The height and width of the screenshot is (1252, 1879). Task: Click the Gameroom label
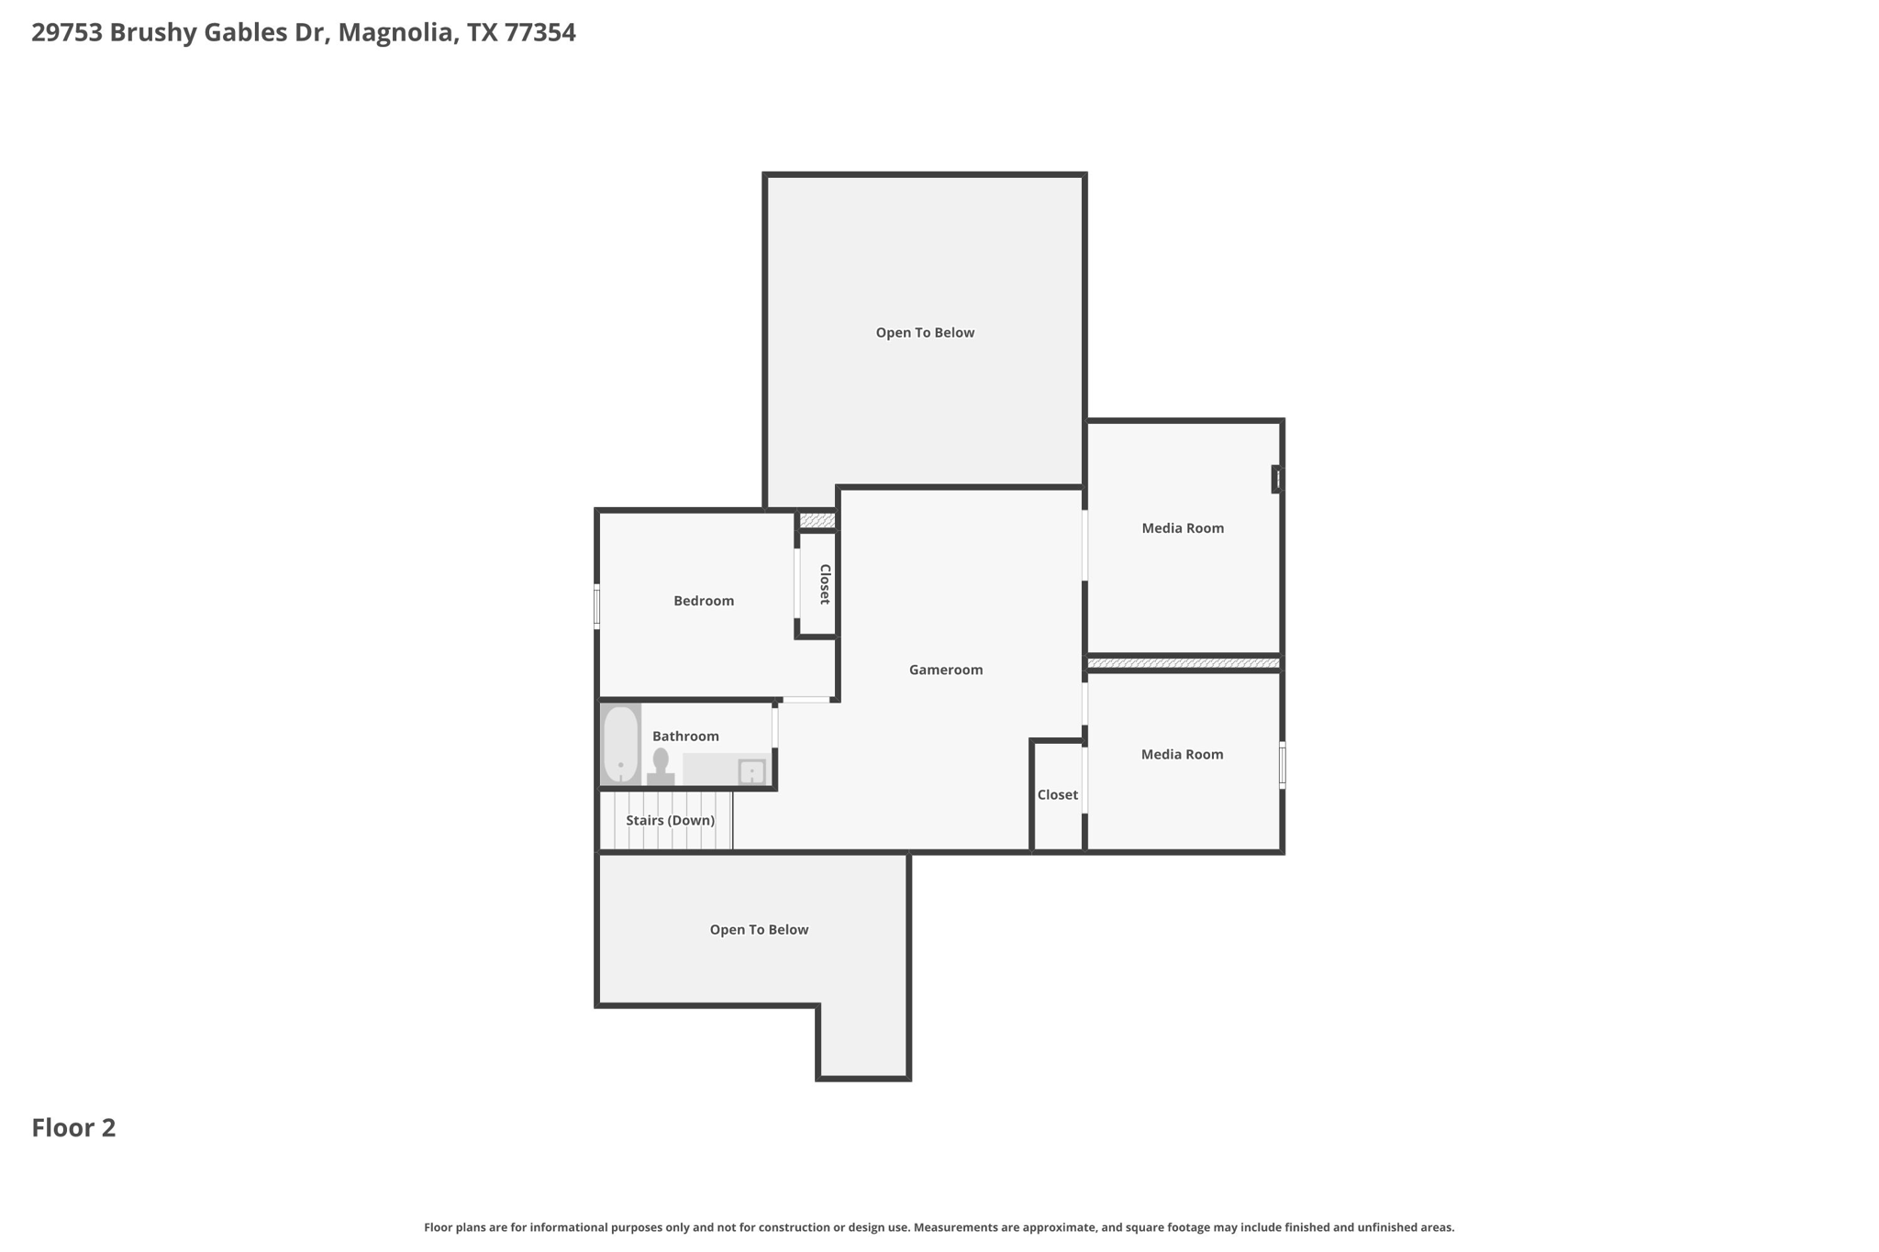coord(946,670)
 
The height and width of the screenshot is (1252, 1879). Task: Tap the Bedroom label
coord(704,601)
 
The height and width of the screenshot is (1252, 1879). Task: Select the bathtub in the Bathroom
coord(621,744)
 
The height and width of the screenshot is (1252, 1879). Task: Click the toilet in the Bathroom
coord(661,767)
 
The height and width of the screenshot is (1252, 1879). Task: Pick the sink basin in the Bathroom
coord(752,771)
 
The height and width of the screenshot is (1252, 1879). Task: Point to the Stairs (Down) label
coord(671,820)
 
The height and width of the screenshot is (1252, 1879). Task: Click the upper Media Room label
coord(1183,528)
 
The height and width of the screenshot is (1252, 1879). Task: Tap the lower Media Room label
coord(1182,754)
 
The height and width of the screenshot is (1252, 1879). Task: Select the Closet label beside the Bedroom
coord(825,584)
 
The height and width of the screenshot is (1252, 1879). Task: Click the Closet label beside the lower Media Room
coord(1058,794)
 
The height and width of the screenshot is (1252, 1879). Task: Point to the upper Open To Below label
coord(925,333)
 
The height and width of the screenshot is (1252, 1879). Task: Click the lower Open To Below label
coord(759,929)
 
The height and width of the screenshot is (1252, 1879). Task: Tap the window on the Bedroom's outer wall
coord(597,606)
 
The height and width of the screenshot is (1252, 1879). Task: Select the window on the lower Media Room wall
coord(1282,765)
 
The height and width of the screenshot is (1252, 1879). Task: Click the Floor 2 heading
coord(74,1127)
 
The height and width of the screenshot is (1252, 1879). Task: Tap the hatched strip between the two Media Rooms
coord(1184,662)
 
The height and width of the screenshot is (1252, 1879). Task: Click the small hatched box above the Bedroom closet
coord(817,521)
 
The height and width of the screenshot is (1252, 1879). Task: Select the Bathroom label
coord(685,737)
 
